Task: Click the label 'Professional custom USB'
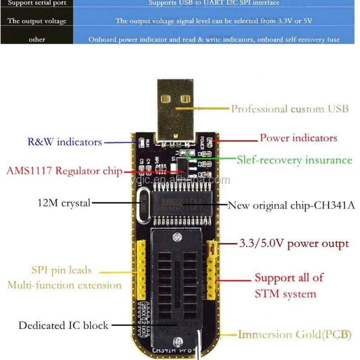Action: (x=290, y=109)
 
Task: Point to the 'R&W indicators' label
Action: (x=65, y=142)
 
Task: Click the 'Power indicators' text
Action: (x=298, y=138)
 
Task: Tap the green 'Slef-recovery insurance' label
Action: (x=294, y=160)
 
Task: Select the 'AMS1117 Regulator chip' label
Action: (x=64, y=170)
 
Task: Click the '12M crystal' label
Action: (x=64, y=203)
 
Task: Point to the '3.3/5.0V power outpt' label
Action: (x=294, y=243)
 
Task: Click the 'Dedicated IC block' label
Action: (x=63, y=325)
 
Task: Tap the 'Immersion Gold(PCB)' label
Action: (x=295, y=335)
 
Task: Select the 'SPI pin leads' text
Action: (x=61, y=270)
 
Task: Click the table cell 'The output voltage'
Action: (x=37, y=21)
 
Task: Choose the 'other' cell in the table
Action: (x=37, y=39)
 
